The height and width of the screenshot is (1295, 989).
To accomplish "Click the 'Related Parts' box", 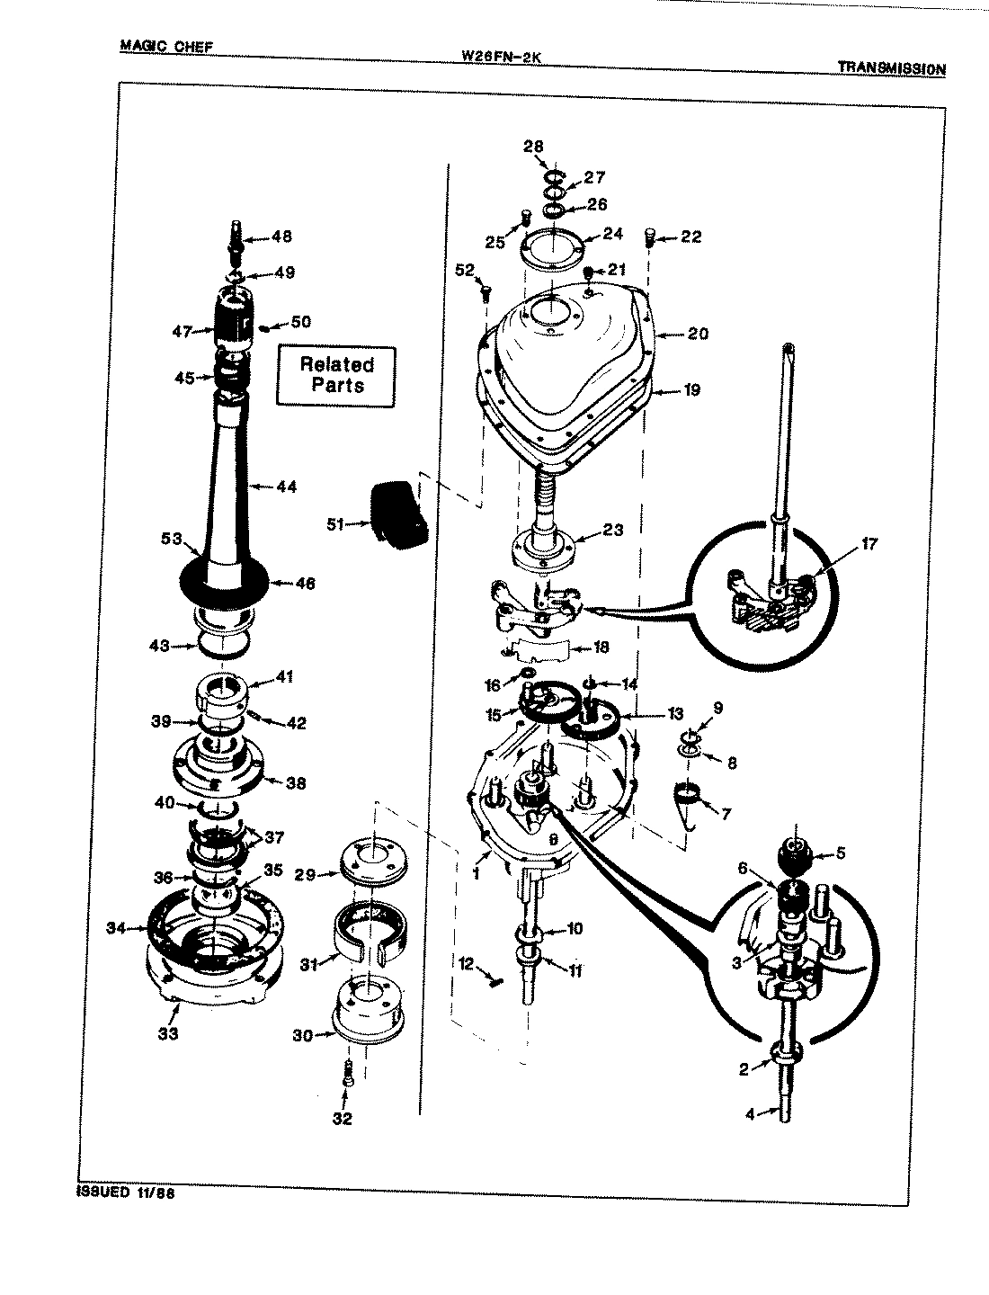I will [x=335, y=375].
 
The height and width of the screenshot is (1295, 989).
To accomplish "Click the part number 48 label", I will [x=281, y=237].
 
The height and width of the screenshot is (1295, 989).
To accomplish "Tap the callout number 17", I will [x=869, y=543].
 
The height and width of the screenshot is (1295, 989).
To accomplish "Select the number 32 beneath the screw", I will [x=343, y=1119].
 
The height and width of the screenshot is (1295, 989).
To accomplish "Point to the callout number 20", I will [x=698, y=334].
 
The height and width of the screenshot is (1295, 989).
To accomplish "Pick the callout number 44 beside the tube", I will [x=287, y=487].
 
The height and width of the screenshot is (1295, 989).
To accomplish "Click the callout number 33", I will [x=168, y=1033].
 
